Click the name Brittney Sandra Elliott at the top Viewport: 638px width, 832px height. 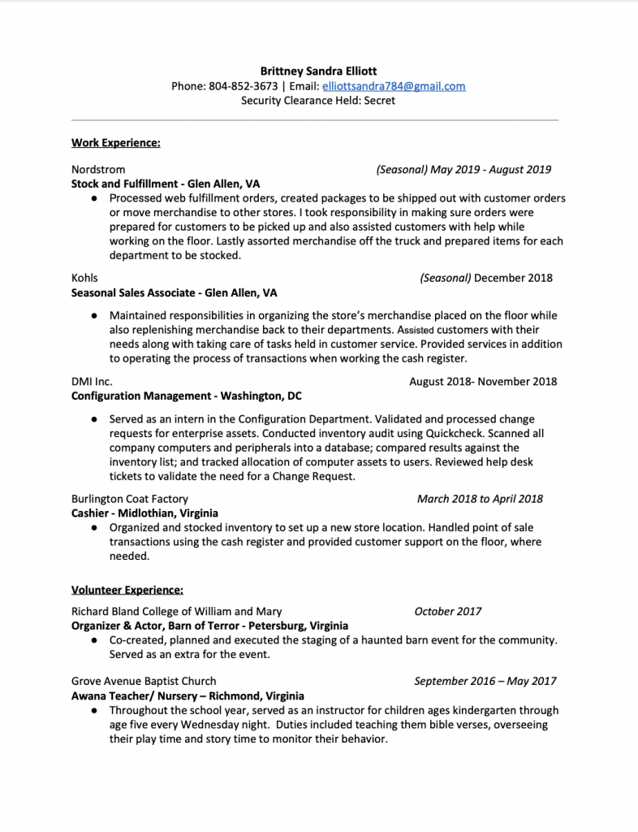tap(318, 71)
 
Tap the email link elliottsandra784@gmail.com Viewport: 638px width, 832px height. tap(394, 86)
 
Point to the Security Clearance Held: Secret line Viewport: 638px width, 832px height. tap(318, 101)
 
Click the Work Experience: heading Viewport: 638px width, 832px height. tap(115, 143)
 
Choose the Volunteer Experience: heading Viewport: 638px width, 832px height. tap(127, 589)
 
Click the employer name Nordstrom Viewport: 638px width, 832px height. tap(98, 170)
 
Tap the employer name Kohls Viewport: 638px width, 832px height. tap(84, 278)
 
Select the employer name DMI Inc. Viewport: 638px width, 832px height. tap(92, 381)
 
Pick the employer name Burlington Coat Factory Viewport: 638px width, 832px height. tap(130, 499)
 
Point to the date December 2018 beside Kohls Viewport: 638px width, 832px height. tap(513, 278)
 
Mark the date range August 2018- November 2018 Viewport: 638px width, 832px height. tap(483, 381)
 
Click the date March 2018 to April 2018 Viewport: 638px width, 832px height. tap(480, 499)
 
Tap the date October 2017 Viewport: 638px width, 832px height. tap(448, 611)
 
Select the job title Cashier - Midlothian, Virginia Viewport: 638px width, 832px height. tap(144, 513)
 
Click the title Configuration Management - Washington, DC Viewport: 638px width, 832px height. tap(186, 396)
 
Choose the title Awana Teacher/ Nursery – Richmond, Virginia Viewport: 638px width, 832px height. tap(188, 695)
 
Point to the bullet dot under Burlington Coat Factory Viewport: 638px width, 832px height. tap(95, 527)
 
